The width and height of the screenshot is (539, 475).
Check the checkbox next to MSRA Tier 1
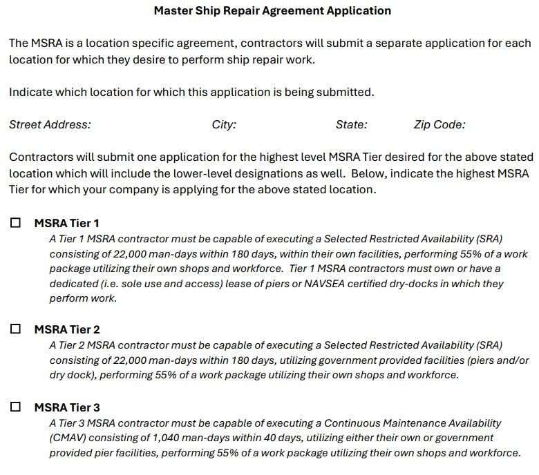pos(16,223)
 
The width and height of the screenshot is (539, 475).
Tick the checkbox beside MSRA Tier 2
pos(16,329)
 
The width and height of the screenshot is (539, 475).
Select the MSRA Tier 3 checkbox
pos(16,407)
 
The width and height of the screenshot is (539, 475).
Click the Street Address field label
pos(50,125)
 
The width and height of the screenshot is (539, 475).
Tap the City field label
pos(224,125)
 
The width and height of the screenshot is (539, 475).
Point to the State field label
pos(351,125)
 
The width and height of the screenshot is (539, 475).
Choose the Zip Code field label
pos(439,125)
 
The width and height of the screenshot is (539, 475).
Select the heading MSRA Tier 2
pos(67,329)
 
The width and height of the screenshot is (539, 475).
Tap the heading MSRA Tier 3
pos(67,407)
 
